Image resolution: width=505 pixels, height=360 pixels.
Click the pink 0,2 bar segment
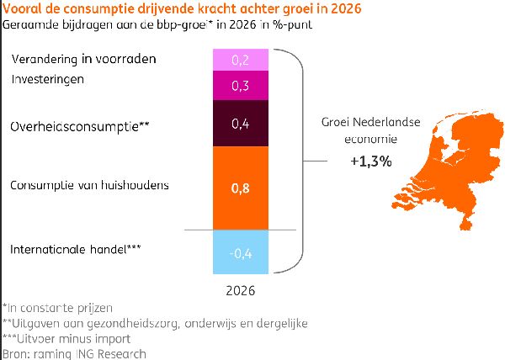coord(240,60)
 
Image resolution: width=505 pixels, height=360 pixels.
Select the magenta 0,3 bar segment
coord(240,86)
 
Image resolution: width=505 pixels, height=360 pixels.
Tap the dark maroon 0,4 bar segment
coord(240,124)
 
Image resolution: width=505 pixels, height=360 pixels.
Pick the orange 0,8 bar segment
coord(240,188)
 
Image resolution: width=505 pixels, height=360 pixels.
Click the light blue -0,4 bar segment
coord(240,251)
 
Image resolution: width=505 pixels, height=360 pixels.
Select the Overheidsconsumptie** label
coord(80,126)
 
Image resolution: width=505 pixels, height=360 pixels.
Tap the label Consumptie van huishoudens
coord(89,184)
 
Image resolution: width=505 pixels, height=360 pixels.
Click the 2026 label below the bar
coord(240,290)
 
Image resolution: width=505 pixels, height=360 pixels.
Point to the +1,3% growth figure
coord(370,161)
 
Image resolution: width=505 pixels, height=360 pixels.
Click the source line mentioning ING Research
coord(74,353)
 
